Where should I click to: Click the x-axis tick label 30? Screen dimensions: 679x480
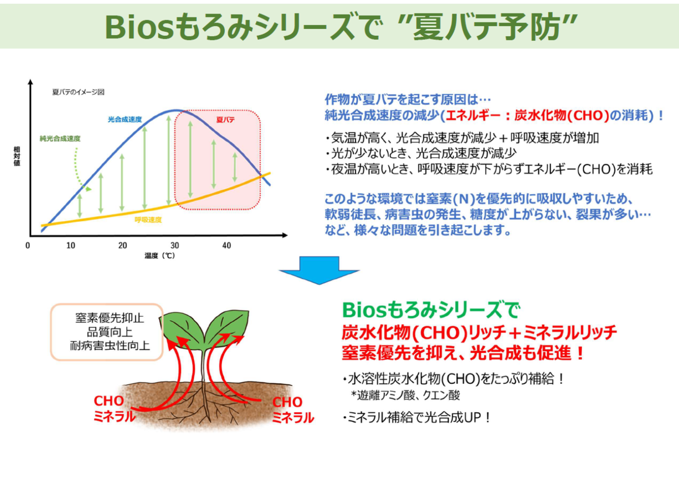click(175, 245)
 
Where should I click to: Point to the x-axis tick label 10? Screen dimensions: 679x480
click(71, 245)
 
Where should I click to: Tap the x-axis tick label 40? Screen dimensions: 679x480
click(227, 245)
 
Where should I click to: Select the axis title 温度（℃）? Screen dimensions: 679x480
click(160, 256)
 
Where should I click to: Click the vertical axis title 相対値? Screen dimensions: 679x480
click(17, 156)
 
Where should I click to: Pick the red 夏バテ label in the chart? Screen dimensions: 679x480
click(226, 120)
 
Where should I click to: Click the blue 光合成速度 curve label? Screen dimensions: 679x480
click(125, 119)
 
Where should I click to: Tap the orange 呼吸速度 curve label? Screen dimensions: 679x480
click(148, 220)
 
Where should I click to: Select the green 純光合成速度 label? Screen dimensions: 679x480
click(60, 138)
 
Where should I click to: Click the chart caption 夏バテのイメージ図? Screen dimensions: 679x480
click(78, 92)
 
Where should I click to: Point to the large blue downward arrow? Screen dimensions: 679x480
click(319, 270)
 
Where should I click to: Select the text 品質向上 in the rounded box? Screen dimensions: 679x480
click(110, 332)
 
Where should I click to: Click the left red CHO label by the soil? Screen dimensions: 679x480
click(109, 401)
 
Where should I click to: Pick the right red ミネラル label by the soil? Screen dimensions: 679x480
click(293, 418)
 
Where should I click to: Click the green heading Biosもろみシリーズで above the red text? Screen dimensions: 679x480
click(431, 310)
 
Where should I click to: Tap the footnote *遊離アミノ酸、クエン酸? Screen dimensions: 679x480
click(405, 395)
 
